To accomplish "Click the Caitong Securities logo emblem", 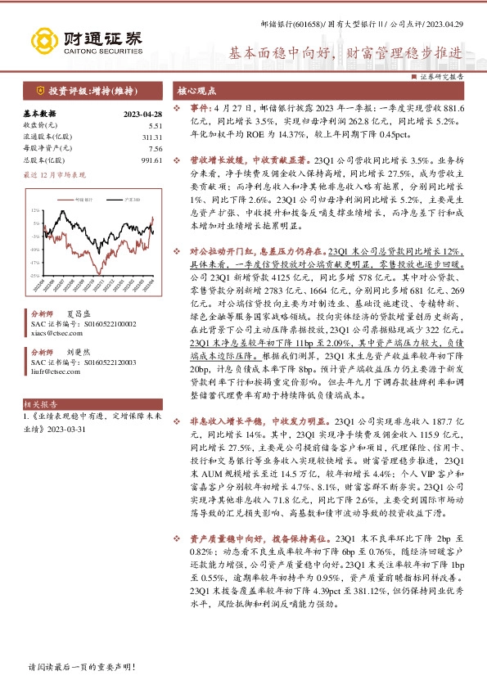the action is [43, 38].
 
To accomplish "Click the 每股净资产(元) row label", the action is [47, 149].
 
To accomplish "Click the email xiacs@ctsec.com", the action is [52, 334].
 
